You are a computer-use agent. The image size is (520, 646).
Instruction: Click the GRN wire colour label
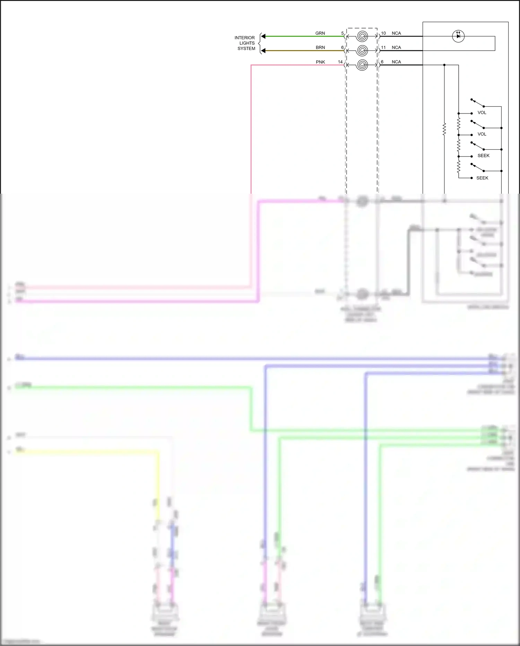point(320,33)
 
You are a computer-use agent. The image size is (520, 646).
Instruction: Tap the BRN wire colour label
point(320,48)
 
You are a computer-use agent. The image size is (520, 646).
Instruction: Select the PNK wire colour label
point(320,62)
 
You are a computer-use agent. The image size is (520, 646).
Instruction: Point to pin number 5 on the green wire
point(343,33)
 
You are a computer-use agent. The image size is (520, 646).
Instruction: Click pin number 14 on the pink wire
point(340,62)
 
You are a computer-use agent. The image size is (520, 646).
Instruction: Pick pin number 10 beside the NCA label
point(383,33)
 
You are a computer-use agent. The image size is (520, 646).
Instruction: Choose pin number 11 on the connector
point(383,48)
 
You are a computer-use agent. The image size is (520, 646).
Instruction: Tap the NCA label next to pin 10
point(396,33)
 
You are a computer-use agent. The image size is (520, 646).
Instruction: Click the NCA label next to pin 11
point(396,48)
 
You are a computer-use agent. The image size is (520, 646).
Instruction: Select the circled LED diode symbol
point(458,36)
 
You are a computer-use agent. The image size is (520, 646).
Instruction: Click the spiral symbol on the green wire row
point(362,36)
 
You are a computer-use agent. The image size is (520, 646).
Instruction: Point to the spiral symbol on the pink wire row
point(362,65)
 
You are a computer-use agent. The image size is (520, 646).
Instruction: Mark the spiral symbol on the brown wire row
point(362,51)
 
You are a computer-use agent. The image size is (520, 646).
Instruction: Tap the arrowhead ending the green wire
point(263,36)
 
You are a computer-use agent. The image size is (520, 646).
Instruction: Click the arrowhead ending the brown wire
point(263,51)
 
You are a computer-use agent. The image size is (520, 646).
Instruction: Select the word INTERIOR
point(244,38)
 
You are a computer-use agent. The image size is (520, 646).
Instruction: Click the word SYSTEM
point(246,49)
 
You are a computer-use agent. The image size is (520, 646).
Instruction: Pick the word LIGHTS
point(247,43)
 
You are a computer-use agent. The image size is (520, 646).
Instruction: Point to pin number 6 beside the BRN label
point(343,48)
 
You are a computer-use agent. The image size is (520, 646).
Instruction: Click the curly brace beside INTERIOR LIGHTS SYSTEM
point(259,43)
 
